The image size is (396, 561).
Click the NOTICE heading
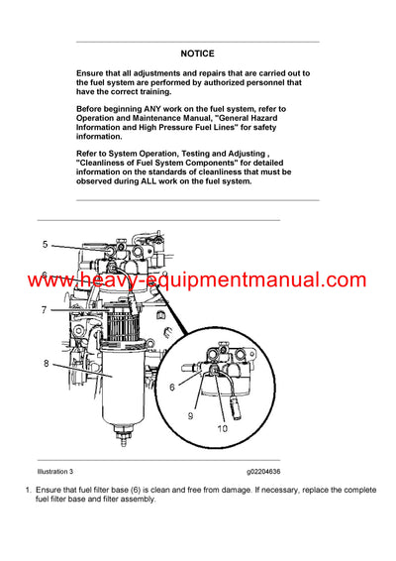pos(197,53)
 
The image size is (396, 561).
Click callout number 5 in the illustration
pos(45,244)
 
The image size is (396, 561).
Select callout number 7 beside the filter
pos(45,310)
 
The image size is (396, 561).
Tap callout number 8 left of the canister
pos(45,364)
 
